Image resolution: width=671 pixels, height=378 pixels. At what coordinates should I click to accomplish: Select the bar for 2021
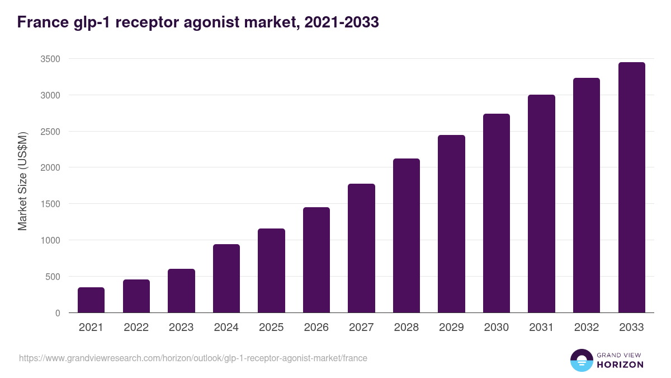[91, 300]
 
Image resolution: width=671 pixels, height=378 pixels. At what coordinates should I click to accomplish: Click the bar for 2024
[226, 278]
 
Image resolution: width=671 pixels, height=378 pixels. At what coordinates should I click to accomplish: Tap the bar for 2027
[361, 248]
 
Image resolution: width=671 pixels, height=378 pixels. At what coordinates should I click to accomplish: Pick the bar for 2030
[497, 213]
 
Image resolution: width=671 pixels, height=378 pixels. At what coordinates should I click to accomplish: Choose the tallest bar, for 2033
[631, 188]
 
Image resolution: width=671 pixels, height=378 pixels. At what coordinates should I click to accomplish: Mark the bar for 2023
[181, 291]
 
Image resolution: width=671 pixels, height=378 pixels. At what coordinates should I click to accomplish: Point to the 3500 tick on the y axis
[50, 59]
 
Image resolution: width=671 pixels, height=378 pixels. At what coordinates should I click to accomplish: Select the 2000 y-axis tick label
[50, 167]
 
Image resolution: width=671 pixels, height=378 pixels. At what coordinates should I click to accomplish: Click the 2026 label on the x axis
[316, 328]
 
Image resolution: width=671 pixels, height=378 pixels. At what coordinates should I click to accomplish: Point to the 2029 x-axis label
[451, 328]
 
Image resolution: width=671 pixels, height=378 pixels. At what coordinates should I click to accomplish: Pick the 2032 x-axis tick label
[587, 328]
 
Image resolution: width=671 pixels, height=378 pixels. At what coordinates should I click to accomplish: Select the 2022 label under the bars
[136, 328]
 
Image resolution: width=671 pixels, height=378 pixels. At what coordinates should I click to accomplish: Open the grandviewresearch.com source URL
[193, 358]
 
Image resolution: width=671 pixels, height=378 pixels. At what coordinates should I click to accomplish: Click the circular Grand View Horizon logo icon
[581, 360]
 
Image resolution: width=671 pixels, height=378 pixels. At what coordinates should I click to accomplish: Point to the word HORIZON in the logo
[620, 365]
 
